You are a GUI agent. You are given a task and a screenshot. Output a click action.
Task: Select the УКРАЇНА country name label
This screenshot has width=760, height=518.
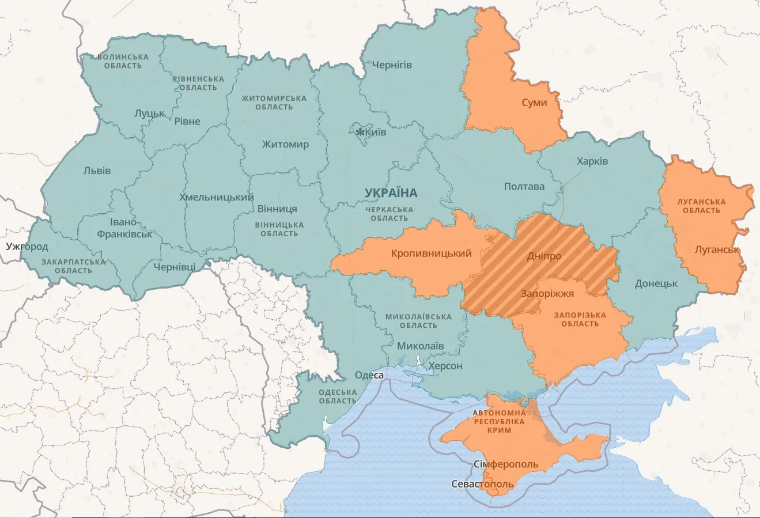click(x=391, y=192)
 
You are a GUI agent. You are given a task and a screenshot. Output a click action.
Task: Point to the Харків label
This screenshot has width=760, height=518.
click(x=592, y=161)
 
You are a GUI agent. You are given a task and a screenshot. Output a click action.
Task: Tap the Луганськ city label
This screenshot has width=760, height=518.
click(x=717, y=249)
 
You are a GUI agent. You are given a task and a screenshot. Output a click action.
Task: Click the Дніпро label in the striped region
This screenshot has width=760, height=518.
click(x=544, y=256)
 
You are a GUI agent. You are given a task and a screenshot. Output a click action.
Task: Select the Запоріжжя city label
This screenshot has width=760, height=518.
click(x=547, y=293)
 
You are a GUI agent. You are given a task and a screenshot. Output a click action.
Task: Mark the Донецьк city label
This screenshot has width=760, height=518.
click(x=656, y=283)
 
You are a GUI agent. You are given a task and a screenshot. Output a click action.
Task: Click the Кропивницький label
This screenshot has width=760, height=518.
click(x=431, y=254)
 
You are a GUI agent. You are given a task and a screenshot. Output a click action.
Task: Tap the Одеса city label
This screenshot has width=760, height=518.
click(x=369, y=375)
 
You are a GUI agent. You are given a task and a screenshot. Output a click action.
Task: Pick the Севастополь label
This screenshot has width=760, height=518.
click(x=482, y=484)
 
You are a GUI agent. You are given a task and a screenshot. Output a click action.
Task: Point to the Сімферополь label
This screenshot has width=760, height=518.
click(x=505, y=464)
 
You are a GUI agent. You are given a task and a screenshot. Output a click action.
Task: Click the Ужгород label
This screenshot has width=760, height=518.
click(x=27, y=247)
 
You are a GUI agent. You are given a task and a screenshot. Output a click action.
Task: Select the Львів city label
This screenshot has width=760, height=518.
click(x=97, y=171)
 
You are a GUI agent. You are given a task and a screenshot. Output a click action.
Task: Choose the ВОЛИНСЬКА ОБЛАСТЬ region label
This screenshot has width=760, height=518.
click(x=123, y=61)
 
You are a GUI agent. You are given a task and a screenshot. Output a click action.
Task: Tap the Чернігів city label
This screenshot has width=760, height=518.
click(x=392, y=65)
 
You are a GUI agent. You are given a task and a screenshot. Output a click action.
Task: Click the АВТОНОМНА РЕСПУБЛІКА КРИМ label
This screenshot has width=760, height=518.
click(x=499, y=422)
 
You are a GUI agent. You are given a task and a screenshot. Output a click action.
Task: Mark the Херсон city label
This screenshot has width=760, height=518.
click(x=444, y=366)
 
